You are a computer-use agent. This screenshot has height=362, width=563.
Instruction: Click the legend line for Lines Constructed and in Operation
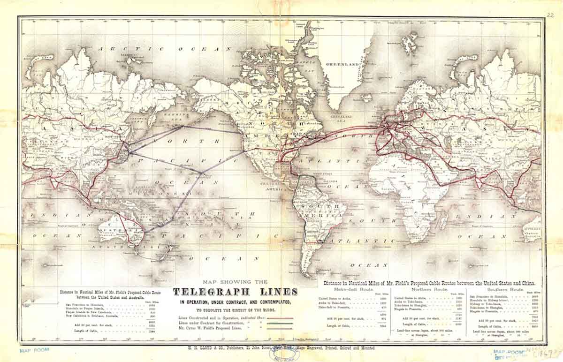pyautogui.click(x=279, y=318)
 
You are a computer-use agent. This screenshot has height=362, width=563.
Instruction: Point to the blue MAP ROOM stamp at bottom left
pyautogui.click(x=35, y=350)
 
